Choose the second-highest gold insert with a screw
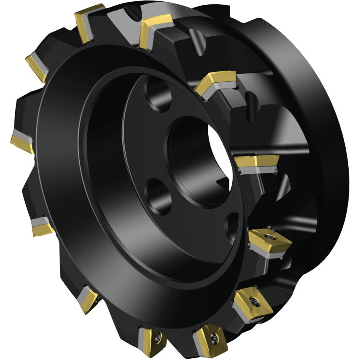click(x=253, y=301)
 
